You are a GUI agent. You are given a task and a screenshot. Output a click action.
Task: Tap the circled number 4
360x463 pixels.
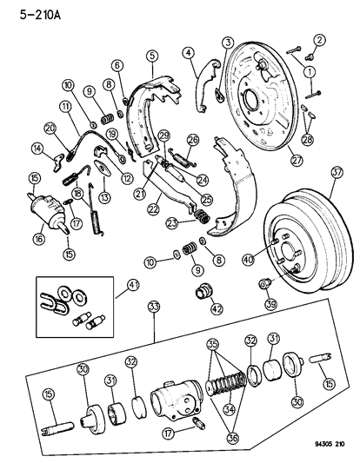[x=186, y=53]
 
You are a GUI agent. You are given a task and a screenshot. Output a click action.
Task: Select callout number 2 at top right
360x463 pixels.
[x=319, y=40]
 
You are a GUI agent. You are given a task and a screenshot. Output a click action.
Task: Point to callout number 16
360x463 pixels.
[x=15, y=236]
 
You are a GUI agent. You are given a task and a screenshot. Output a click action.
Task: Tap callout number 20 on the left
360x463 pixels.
[x=50, y=129]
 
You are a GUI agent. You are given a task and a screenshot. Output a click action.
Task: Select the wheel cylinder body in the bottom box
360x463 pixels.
[x=174, y=401]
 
